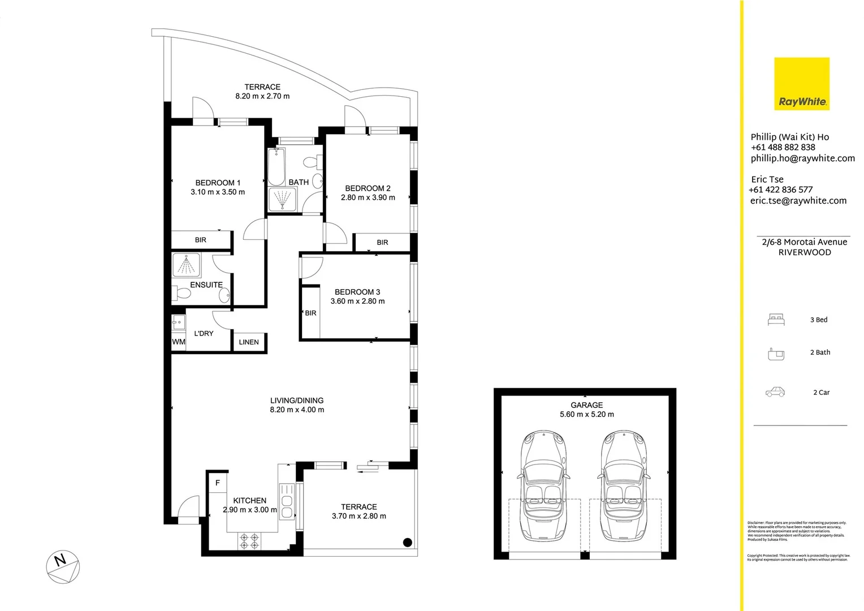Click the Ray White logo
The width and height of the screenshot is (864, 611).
pyautogui.click(x=801, y=84)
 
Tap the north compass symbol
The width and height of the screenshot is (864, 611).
pyautogui.click(x=62, y=566)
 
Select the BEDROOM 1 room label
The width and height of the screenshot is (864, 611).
pyautogui.click(x=218, y=183)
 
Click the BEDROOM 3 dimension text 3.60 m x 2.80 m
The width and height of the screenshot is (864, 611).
pyautogui.click(x=357, y=301)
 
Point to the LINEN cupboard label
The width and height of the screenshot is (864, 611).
pyautogui.click(x=249, y=342)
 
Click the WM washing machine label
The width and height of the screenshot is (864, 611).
pyautogui.click(x=178, y=342)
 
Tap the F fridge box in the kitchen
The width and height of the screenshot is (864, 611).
pyautogui.click(x=218, y=483)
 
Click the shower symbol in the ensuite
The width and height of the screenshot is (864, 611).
pyautogui.click(x=186, y=265)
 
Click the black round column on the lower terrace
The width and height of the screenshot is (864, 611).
pyautogui.click(x=407, y=542)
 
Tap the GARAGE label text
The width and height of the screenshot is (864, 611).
pyautogui.click(x=586, y=405)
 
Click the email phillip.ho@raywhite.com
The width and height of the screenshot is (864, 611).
pyautogui.click(x=802, y=158)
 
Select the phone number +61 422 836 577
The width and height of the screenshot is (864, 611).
pyautogui.click(x=780, y=190)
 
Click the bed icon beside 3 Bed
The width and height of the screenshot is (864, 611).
pyautogui.click(x=776, y=320)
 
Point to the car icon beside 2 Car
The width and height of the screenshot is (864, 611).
pyautogui.click(x=775, y=392)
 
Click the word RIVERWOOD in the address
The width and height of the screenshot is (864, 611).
pyautogui.click(x=804, y=252)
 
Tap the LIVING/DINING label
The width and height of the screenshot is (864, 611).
pyautogui.click(x=297, y=401)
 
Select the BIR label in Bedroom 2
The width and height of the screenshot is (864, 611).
pyautogui.click(x=382, y=243)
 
